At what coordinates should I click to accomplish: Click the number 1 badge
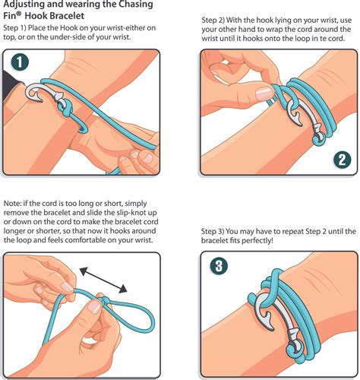pyautogui.click(x=20, y=62)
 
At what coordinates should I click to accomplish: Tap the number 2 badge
pyautogui.click(x=342, y=160)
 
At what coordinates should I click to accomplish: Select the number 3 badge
pyautogui.click(x=219, y=266)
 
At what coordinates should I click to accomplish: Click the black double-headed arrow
pyautogui.click(x=103, y=280)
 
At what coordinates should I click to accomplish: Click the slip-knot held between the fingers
pyautogui.click(x=104, y=300)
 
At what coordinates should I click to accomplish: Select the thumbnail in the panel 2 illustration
pyautogui.click(x=264, y=93)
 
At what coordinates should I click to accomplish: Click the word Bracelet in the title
pyautogui.click(x=67, y=16)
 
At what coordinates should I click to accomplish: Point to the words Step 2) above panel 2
pyautogui.click(x=213, y=21)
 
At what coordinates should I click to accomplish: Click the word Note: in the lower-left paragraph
pyautogui.click(x=13, y=204)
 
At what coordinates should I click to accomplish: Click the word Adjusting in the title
pyautogui.click(x=21, y=5)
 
